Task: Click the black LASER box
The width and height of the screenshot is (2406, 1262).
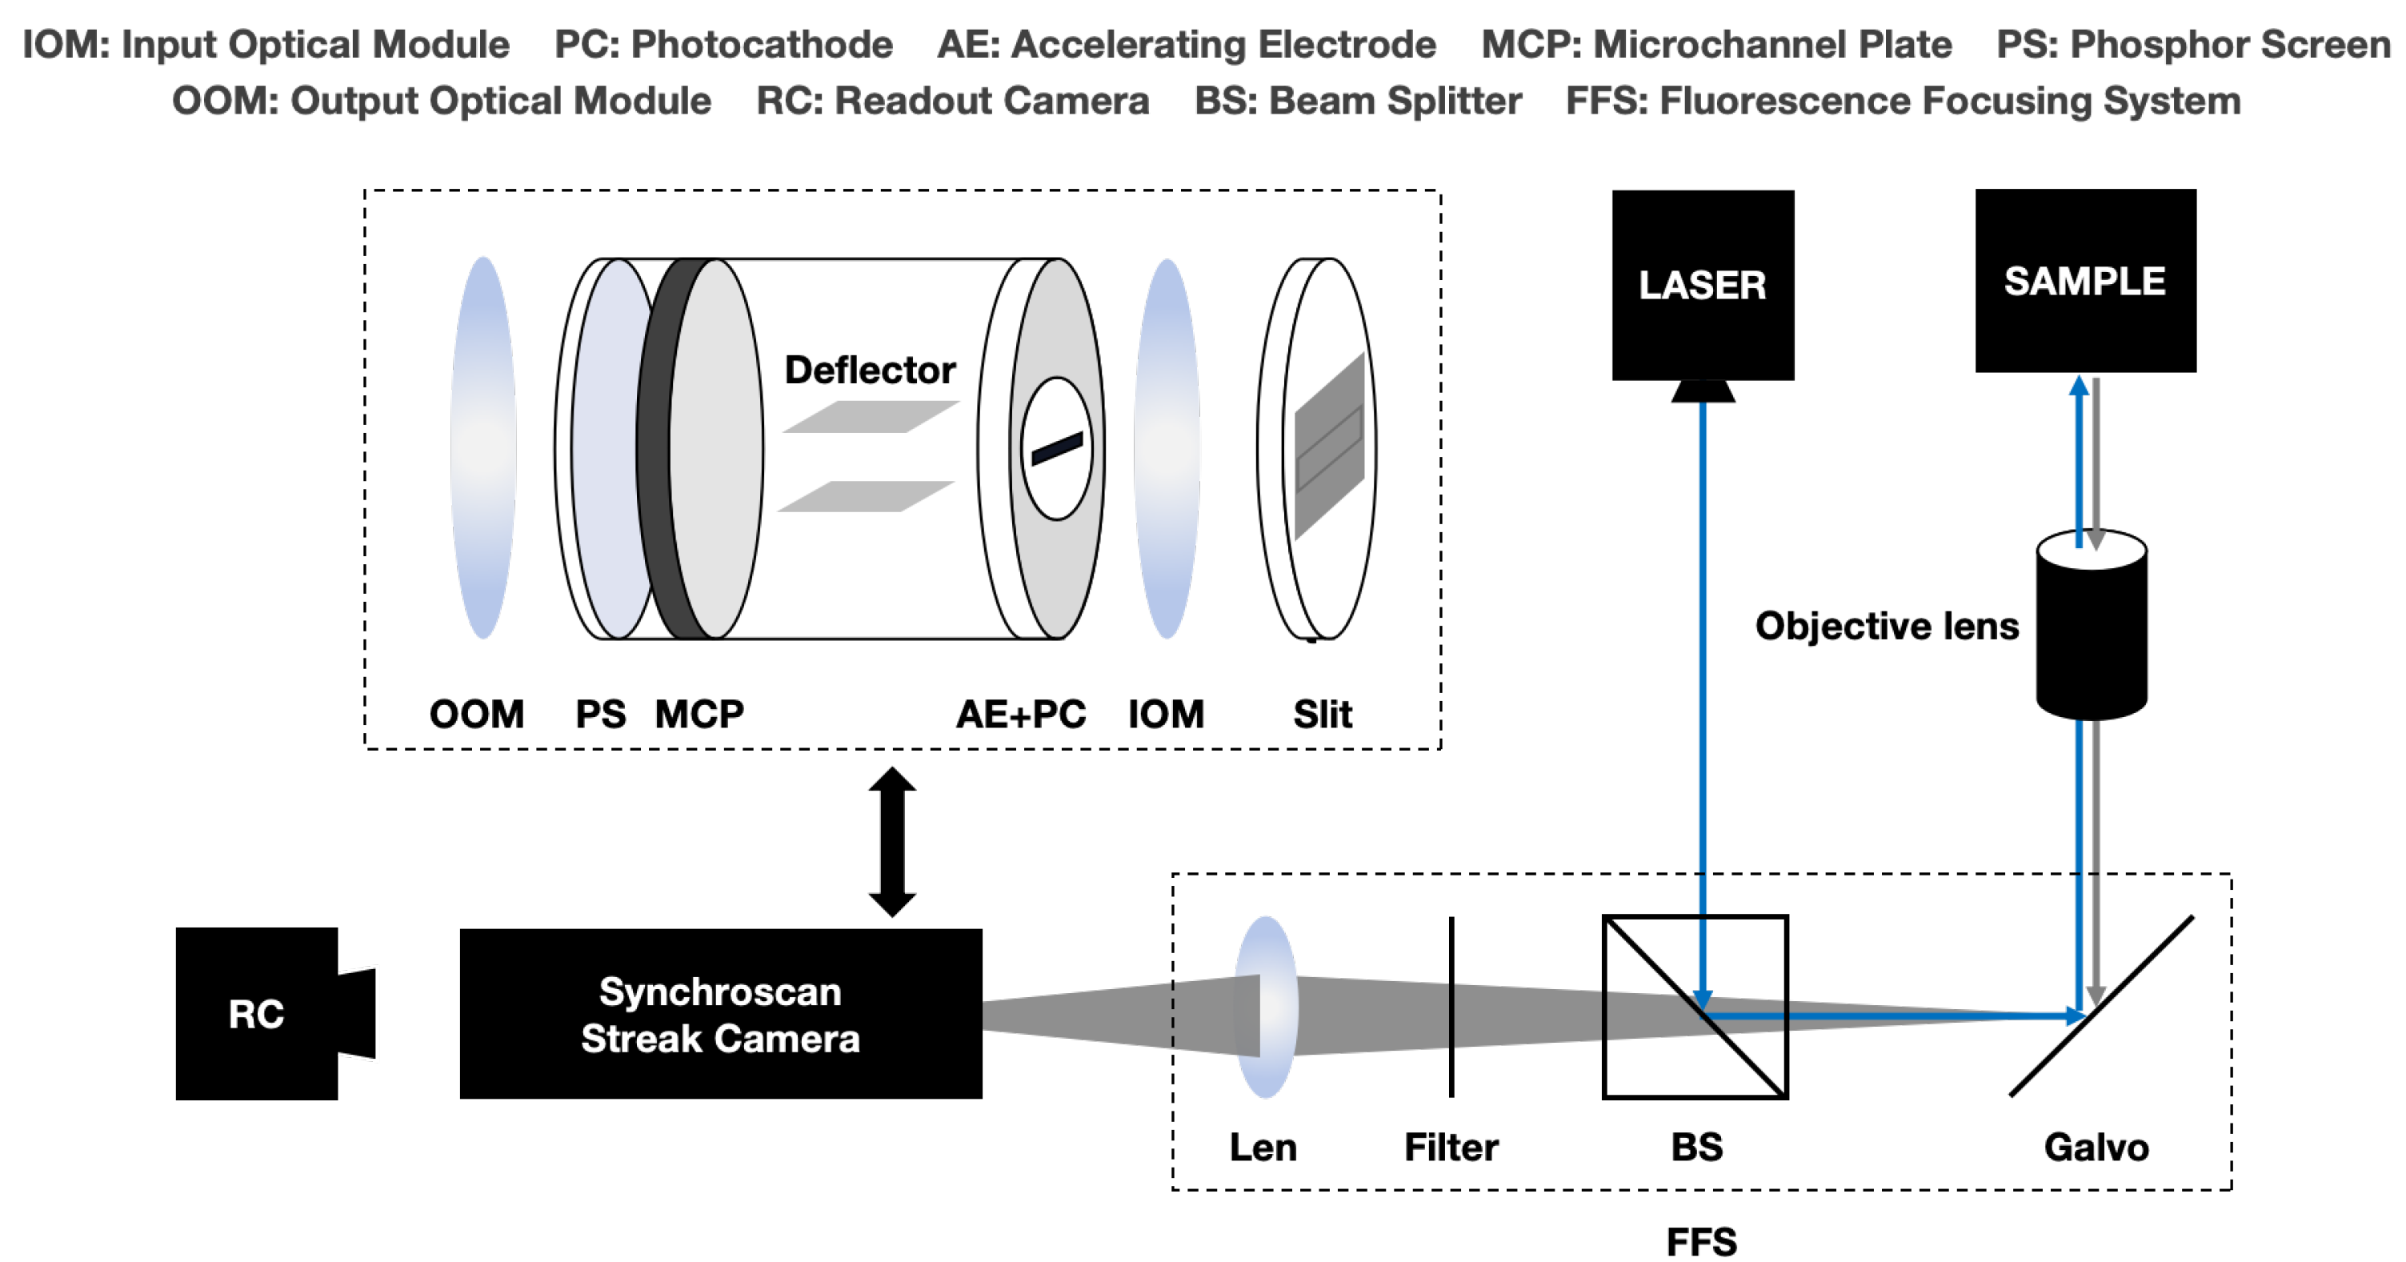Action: coord(1702,285)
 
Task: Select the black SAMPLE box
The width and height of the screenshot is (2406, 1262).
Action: coord(2084,280)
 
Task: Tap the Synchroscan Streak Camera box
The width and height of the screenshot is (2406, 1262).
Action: coord(720,1014)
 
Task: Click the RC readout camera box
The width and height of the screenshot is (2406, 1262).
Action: coord(257,1014)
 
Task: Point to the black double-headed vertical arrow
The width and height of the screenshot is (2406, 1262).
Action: coord(892,842)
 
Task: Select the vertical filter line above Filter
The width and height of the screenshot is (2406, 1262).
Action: coord(1451,1007)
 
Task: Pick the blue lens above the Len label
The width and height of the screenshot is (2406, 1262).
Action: coord(1267,1006)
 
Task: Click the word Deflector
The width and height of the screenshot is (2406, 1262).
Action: coord(870,370)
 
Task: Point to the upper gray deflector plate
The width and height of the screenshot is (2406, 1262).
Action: coord(870,417)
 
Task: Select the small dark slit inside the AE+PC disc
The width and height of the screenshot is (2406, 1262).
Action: coord(1056,448)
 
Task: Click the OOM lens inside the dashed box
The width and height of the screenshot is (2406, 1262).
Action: coord(483,448)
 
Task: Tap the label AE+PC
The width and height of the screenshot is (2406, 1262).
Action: coord(1020,715)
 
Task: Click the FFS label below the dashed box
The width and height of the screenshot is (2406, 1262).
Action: coord(1702,1241)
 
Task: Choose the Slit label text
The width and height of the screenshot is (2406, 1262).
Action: coord(1322,715)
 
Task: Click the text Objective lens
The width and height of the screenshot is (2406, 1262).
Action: coord(1886,626)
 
